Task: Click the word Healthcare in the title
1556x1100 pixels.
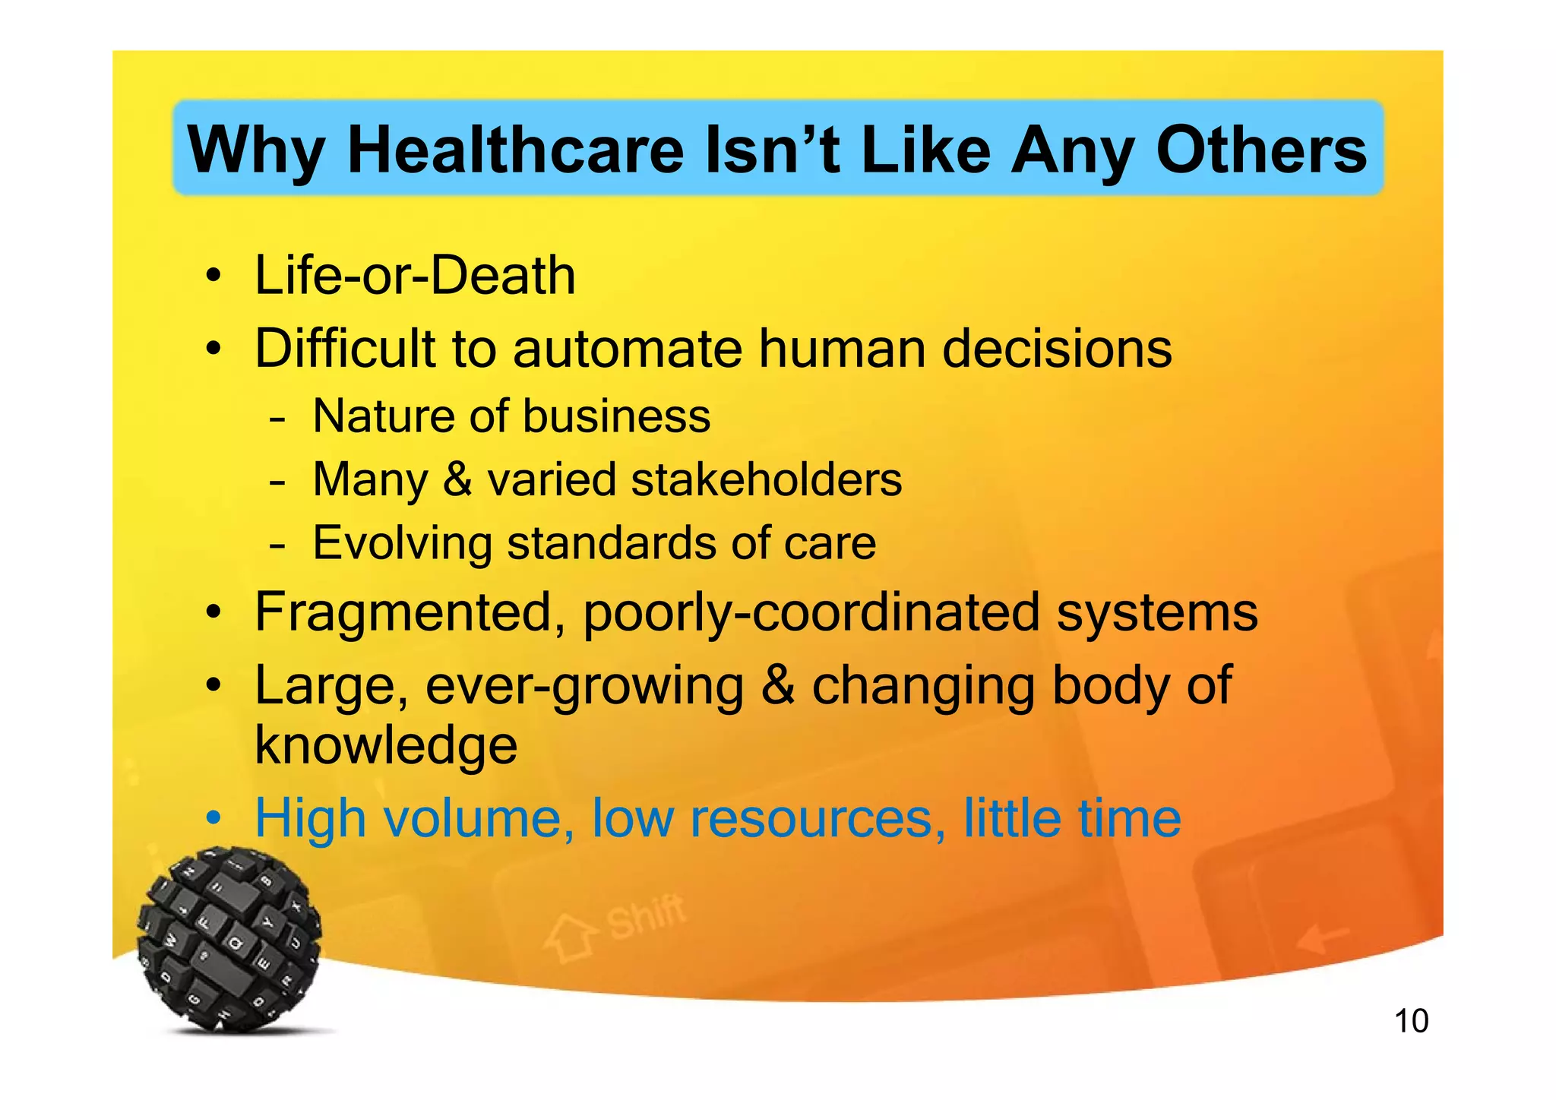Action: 516,150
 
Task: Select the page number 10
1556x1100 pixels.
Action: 1411,1021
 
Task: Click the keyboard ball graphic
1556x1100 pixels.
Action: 229,939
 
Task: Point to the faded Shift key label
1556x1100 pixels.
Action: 646,918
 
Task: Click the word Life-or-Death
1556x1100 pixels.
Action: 415,275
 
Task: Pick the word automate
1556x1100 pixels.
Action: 627,349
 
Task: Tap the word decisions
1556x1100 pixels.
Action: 1057,349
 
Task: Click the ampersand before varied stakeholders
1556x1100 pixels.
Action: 457,479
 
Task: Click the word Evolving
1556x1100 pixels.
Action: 403,543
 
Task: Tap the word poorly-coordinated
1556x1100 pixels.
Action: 811,612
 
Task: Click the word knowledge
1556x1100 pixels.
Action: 386,745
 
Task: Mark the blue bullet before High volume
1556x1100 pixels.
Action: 215,819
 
